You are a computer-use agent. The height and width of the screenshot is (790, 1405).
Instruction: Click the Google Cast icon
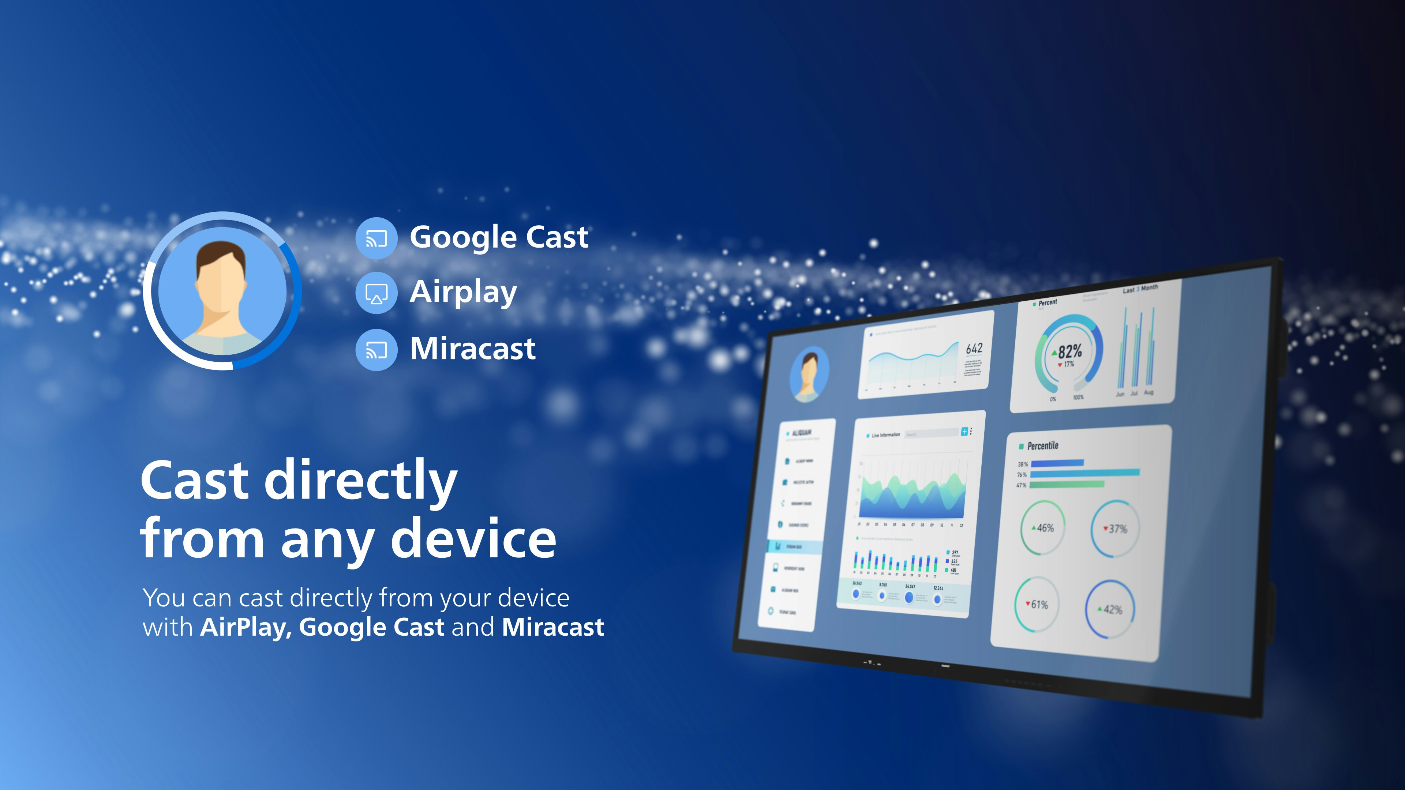pyautogui.click(x=376, y=238)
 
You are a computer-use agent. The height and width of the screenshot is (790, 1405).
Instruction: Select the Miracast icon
pyautogui.click(x=376, y=350)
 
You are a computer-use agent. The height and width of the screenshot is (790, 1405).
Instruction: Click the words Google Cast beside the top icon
pyautogui.click(x=498, y=237)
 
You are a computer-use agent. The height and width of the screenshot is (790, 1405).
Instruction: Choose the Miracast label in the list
pyautogui.click(x=472, y=349)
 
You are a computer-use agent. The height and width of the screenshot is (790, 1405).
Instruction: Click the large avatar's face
pyautogui.click(x=221, y=283)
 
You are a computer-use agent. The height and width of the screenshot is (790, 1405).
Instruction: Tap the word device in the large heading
pyautogui.click(x=473, y=539)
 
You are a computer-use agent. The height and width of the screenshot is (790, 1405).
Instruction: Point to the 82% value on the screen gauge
pyautogui.click(x=1069, y=351)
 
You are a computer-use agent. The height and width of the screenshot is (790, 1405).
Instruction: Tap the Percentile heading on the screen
pyautogui.click(x=1042, y=446)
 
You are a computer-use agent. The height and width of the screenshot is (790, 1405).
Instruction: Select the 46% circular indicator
pyautogui.click(x=1042, y=528)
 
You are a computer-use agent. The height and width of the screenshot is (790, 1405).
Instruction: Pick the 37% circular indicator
pyautogui.click(x=1115, y=529)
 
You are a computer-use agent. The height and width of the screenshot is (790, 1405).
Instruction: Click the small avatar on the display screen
pyautogui.click(x=809, y=373)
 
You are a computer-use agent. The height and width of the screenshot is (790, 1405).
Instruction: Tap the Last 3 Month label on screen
pyautogui.click(x=1140, y=289)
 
